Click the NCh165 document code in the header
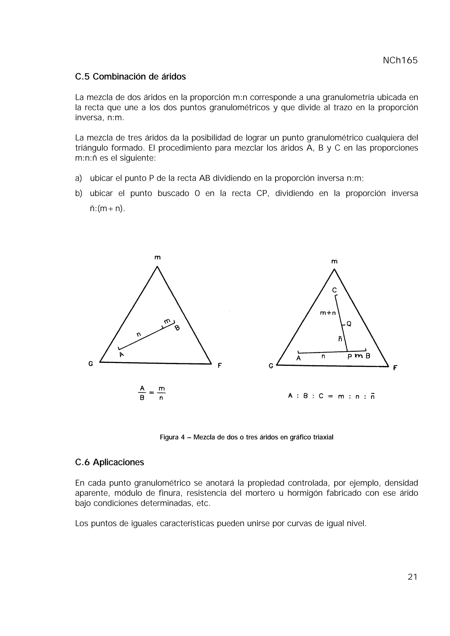point(400,60)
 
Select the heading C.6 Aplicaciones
point(109,462)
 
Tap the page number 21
point(412,577)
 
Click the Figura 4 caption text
point(247,437)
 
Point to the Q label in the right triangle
point(349,323)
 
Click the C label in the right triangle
point(334,290)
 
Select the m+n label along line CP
point(328,313)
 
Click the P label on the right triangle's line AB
point(350,357)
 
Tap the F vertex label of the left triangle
point(220,366)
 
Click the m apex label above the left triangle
point(157,258)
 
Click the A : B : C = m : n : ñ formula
point(331,396)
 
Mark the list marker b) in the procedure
point(78,193)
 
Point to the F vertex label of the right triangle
point(395,368)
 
